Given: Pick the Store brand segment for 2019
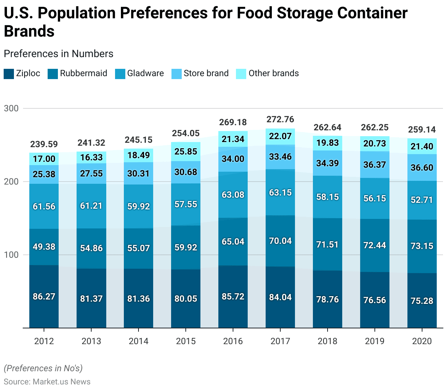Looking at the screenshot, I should [375, 165].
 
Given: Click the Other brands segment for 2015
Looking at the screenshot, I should [186, 152].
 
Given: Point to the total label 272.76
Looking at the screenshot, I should [280, 119].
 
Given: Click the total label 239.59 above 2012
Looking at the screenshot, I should [44, 144].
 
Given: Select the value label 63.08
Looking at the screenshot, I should [233, 195].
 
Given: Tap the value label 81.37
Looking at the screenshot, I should [91, 299].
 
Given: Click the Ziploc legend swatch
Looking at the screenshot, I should [9, 74].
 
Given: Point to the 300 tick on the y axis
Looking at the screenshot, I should [11, 108].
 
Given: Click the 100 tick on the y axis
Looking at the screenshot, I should [11, 255].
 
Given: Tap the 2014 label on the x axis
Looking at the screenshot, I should [138, 341].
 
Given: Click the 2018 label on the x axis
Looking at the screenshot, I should [328, 341].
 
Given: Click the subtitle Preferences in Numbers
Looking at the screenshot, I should [59, 54].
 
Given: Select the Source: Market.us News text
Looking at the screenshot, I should [47, 381].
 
